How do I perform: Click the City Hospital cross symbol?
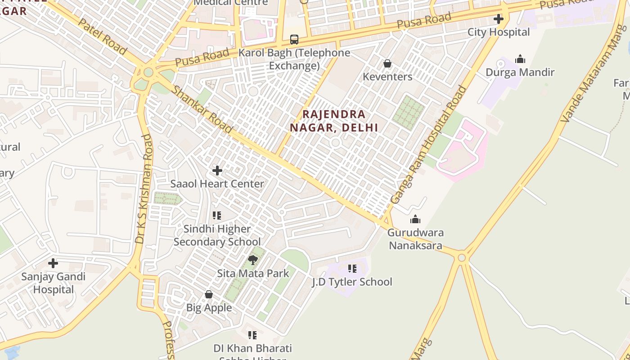[498, 19]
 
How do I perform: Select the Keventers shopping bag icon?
[387, 63]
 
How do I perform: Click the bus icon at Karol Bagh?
[294, 40]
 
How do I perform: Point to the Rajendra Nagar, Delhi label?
[333, 121]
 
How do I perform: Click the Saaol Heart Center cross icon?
[217, 171]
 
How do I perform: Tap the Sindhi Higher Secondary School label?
[217, 235]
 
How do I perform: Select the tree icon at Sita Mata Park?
[253, 260]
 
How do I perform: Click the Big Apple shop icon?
[209, 294]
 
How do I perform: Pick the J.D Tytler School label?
[352, 282]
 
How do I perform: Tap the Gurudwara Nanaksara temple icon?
[415, 219]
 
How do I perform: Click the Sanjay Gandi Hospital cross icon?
[53, 263]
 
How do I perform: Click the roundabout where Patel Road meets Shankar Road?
[148, 72]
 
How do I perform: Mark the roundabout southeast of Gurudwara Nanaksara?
[461, 257]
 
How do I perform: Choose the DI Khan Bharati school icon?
[252, 335]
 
